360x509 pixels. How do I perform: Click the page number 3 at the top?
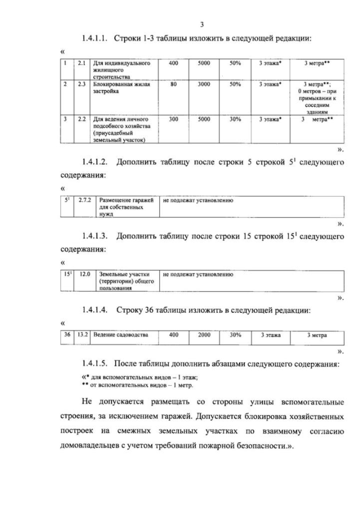coord(201,24)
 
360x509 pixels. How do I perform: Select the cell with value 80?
coord(173,84)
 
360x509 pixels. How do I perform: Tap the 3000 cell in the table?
coord(204,84)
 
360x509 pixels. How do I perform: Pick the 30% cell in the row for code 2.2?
coord(235,119)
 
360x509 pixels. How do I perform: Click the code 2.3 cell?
coord(82,84)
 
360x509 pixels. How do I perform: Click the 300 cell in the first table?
coord(173,119)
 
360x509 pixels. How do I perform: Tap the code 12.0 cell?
coord(85,274)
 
